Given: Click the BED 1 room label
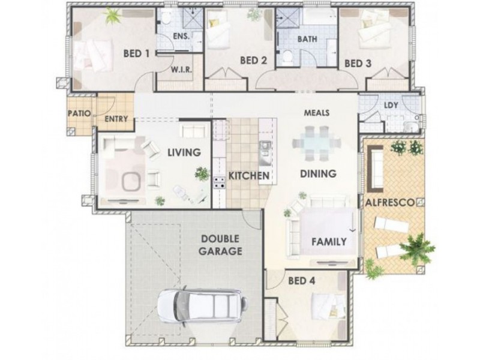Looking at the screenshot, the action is tap(137, 53).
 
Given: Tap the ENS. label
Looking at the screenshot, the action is tap(181, 36).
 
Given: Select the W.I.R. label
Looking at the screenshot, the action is tap(181, 70).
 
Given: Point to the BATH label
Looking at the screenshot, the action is tap(307, 39).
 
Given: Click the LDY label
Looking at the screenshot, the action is tap(391, 106).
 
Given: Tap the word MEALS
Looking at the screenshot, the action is tap(317, 113).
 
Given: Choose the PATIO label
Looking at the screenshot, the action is tap(79, 113).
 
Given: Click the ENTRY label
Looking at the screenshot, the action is tap(116, 119).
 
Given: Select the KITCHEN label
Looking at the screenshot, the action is tap(249, 176).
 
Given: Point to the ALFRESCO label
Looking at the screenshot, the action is tap(391, 202).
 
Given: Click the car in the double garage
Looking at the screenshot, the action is tap(203, 305).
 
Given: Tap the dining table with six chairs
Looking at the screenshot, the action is tap(317, 143).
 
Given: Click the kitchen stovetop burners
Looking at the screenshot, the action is tap(220, 182).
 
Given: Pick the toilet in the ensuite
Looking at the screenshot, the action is tap(166, 19).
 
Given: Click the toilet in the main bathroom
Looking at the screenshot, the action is tap(287, 58).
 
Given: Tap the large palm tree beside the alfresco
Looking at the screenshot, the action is tap(417, 248).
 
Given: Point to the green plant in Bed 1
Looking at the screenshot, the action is tap(112, 16).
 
